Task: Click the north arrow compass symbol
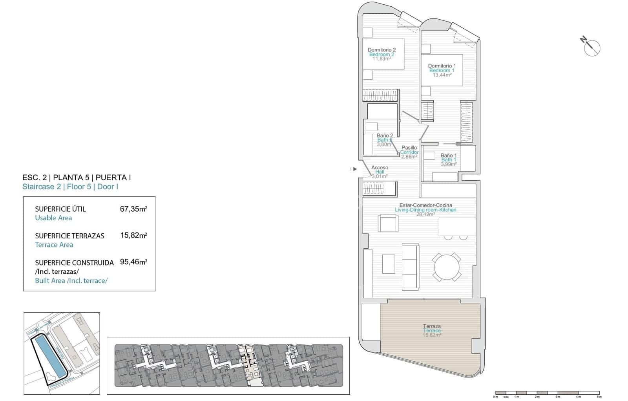coord(591,48)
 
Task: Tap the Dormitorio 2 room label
coord(382,50)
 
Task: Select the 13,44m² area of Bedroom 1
coord(442,75)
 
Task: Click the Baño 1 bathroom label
coord(449,156)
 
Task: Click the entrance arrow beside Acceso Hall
coord(354,169)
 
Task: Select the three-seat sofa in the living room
coord(410,267)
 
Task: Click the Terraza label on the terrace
coord(432,326)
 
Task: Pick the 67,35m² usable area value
coord(133,209)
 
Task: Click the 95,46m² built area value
coord(133,262)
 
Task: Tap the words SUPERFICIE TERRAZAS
coord(69,236)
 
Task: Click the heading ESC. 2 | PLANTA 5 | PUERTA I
coord(77,178)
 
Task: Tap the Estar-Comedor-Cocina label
coord(425,205)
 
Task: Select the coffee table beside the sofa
coord(389,264)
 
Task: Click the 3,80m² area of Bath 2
coord(384,145)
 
